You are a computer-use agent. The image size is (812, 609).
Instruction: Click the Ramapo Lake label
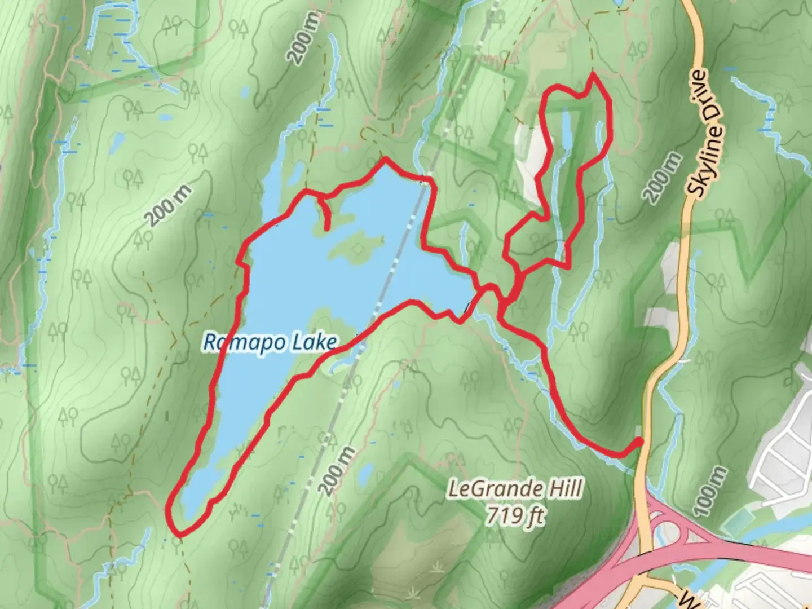270,342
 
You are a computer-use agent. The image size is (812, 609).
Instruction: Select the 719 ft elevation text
516,515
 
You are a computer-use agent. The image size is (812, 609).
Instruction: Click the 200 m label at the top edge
305,38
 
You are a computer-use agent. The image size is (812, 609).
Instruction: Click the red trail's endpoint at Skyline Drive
639,441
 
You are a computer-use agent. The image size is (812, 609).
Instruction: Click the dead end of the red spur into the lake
328,228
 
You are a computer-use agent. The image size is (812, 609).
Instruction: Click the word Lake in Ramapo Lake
312,342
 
